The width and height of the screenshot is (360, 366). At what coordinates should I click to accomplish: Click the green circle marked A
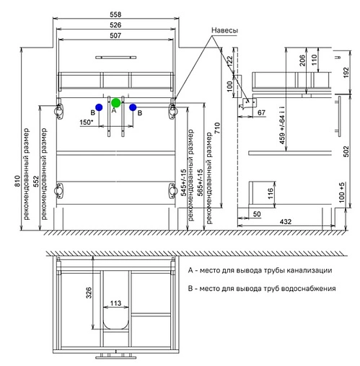click(115, 103)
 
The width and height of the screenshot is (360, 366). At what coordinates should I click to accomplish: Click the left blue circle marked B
click(99, 107)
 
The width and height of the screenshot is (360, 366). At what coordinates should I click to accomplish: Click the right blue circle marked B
click(133, 107)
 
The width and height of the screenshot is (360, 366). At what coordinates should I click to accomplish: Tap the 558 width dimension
click(115, 14)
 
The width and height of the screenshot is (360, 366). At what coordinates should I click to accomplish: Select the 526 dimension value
click(115, 25)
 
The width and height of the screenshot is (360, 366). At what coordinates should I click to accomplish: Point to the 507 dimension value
click(115, 35)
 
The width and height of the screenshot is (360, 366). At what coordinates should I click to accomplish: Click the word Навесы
click(225, 30)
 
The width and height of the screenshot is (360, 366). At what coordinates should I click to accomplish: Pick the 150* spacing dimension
click(87, 122)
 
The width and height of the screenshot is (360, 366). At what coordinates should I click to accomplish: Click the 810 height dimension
click(17, 182)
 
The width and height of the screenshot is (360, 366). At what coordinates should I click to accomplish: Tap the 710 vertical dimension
click(217, 128)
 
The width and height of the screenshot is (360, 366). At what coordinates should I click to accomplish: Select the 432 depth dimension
click(286, 221)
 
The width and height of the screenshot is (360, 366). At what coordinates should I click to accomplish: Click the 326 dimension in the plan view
click(89, 293)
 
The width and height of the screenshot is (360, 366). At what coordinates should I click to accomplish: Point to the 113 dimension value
click(115, 303)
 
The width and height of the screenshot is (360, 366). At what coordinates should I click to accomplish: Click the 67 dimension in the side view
click(261, 112)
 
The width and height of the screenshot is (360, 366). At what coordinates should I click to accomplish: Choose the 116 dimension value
click(271, 194)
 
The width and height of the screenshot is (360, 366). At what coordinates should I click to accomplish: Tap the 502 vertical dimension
click(346, 151)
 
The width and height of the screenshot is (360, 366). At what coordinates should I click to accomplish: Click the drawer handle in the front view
click(116, 58)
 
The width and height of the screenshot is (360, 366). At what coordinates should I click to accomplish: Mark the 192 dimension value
click(346, 72)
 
